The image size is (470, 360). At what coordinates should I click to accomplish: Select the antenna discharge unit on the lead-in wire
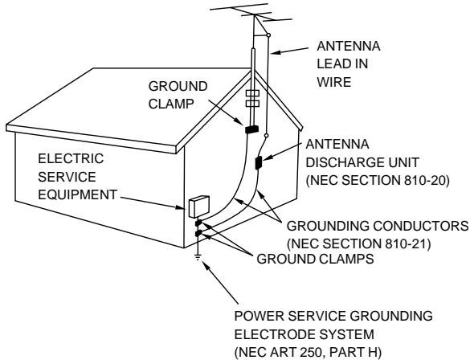coord(259,162)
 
